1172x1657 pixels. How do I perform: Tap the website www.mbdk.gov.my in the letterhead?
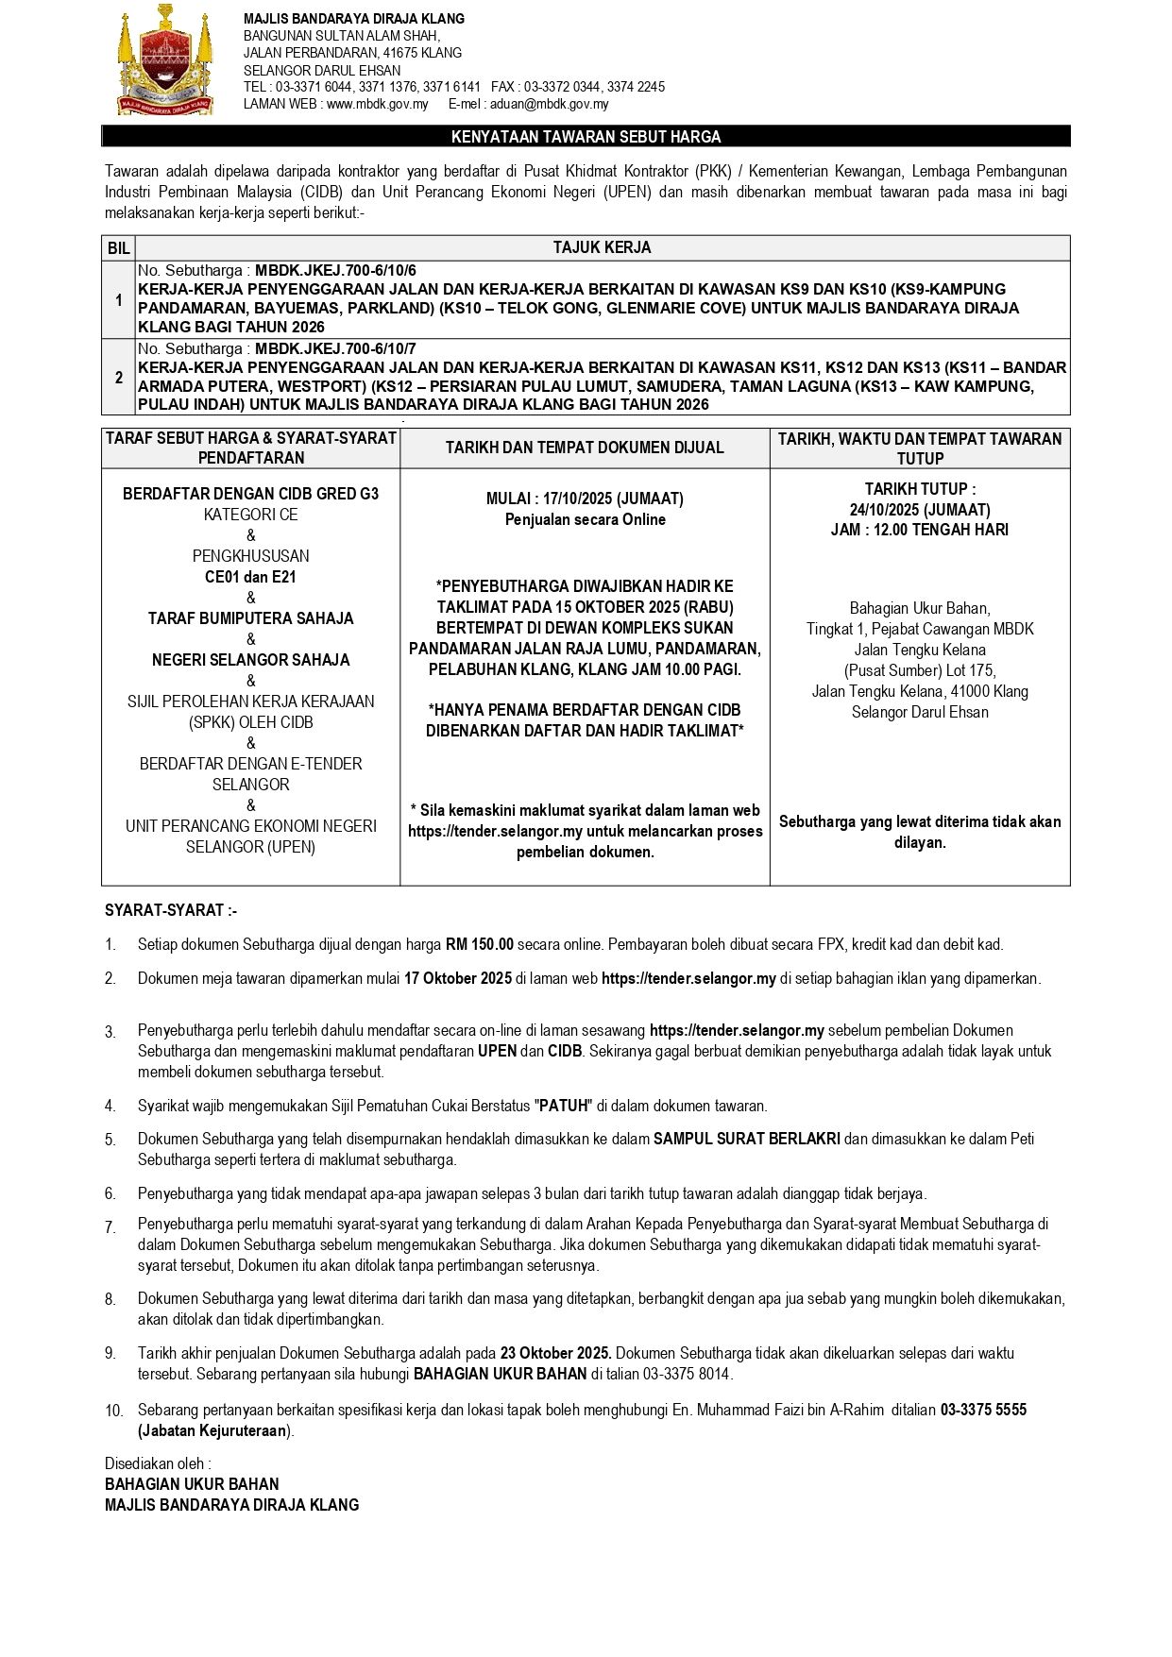click(378, 105)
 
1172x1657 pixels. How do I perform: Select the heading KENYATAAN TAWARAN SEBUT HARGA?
click(586, 137)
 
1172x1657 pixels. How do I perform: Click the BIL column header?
click(119, 248)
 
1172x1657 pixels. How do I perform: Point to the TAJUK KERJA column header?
click(602, 248)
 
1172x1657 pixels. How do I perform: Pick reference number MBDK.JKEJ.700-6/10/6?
click(335, 271)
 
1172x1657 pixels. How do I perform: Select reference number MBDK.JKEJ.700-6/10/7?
click(335, 348)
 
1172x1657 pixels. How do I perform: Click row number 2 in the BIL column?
click(119, 378)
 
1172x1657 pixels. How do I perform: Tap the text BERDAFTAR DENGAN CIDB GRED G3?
click(250, 494)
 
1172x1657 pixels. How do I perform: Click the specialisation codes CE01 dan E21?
click(250, 577)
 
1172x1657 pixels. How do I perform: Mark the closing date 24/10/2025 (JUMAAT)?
click(919, 510)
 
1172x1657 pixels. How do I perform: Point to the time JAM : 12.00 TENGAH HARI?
click(919, 531)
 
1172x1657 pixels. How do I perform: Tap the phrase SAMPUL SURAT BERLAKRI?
click(747, 1140)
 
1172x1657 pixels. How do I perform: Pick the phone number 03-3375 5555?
click(983, 1410)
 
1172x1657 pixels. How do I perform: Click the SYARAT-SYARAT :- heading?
click(171, 910)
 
